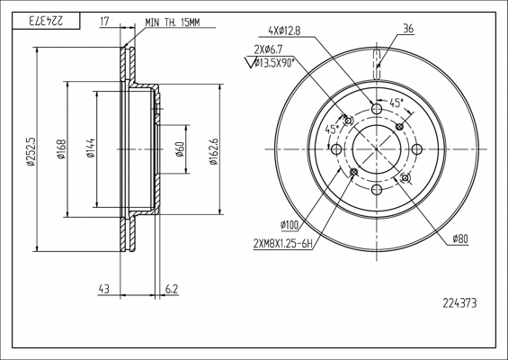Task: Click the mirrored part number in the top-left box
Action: [x=46, y=21]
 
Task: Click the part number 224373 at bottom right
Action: [x=459, y=303]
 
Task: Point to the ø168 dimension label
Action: [x=61, y=148]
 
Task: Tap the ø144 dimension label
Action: [x=91, y=148]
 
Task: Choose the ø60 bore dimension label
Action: [x=180, y=148]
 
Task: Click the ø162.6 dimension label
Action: [x=213, y=151]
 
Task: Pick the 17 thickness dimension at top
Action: [x=104, y=22]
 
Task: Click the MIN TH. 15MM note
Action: [x=173, y=22]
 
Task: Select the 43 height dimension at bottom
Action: [x=103, y=288]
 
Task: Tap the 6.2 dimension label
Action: [x=172, y=288]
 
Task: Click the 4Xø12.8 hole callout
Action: [x=284, y=31]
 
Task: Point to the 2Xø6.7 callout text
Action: [x=268, y=49]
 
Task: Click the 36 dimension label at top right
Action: [x=408, y=29]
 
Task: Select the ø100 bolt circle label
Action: [x=290, y=225]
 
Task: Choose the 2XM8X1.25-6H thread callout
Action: [x=283, y=243]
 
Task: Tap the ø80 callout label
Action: [x=460, y=238]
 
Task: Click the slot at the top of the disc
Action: [x=377, y=65]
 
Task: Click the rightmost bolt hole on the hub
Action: [x=417, y=149]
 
